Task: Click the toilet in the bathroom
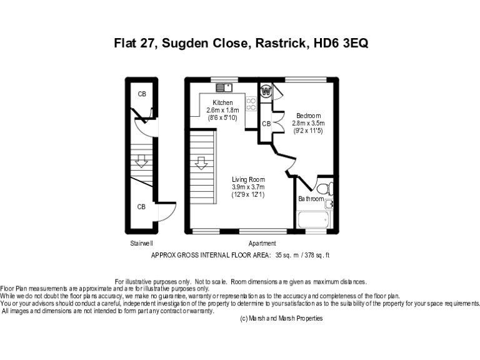pos(324,188)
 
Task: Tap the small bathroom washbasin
pos(329,203)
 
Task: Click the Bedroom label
pos(309,116)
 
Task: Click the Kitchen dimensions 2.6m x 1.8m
pos(222,110)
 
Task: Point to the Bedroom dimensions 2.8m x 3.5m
pos(309,123)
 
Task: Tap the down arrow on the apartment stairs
pos(201,164)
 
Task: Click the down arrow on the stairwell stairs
pos(142,162)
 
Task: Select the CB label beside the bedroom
pos(266,124)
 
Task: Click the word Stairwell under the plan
pos(142,243)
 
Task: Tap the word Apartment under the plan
pos(262,243)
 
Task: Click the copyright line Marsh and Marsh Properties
pos(281,318)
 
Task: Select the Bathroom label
pos(311,199)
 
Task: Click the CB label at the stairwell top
pos(142,94)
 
